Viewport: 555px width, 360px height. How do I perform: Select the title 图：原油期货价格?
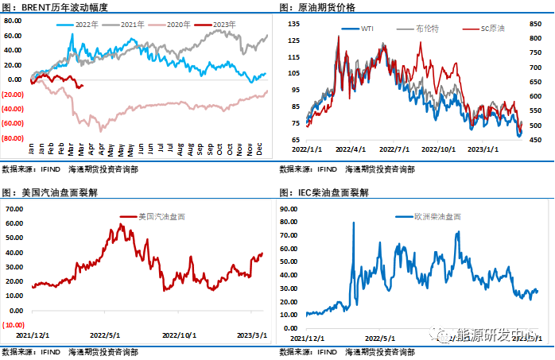317,6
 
